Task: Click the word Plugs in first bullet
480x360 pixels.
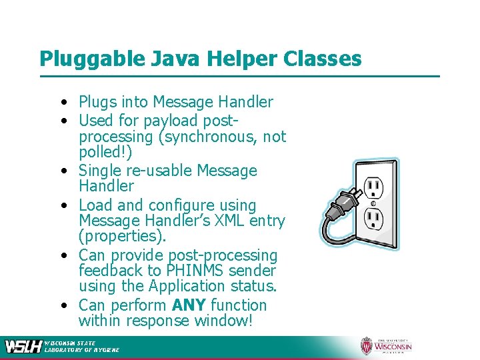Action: (x=97, y=102)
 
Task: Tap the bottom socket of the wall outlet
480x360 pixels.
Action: (x=373, y=219)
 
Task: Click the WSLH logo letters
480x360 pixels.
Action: (x=23, y=346)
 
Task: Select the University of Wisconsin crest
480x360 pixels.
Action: (x=366, y=345)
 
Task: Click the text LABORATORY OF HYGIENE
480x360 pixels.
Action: (x=81, y=349)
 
